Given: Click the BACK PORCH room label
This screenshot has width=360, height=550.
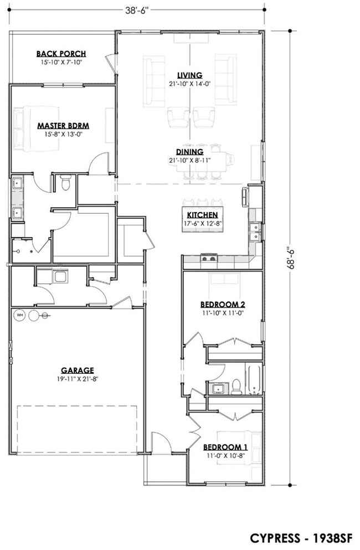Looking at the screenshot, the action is pos(61,54).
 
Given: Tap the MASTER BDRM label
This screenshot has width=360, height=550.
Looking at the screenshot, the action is pos(63,126).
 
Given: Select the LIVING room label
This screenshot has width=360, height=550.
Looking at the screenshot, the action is pos(189,75).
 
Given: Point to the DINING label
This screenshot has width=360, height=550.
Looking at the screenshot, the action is pos(189,152).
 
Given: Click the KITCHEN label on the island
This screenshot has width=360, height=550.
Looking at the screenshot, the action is pos(202,215).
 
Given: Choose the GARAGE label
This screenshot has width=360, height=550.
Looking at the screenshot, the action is pos(78,370).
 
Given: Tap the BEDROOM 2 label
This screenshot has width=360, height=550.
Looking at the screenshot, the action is pos(223,305).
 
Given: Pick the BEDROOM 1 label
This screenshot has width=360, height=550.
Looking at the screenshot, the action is pos(225,447).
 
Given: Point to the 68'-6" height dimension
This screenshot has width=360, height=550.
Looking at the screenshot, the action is pos(291,259).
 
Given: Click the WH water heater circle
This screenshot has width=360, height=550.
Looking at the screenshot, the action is pos(20,315).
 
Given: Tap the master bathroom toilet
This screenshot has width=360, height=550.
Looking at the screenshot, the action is pos(65,183).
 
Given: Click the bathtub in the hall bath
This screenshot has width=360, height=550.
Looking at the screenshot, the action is pos(254,380).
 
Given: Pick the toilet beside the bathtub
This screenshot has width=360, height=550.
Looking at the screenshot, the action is pos(236,387).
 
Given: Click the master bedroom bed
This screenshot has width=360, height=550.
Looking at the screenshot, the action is pos(35,128).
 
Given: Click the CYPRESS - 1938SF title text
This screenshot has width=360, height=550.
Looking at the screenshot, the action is pos(301,538).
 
